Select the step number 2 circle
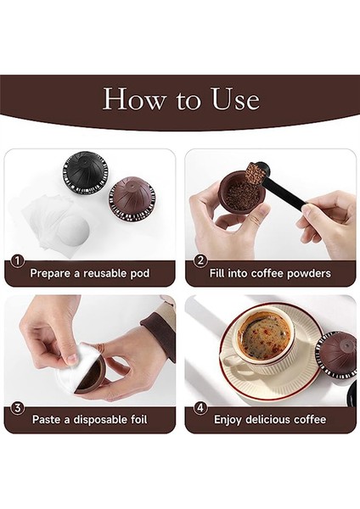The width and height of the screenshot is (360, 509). (x=200, y=261)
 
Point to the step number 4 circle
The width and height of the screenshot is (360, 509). (x=200, y=407)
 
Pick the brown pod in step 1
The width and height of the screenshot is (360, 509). (x=132, y=199)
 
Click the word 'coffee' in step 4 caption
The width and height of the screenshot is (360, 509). (x=305, y=419)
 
